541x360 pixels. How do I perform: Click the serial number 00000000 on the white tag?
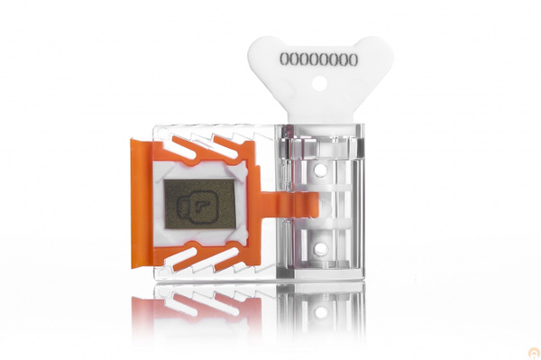click(x=319, y=60)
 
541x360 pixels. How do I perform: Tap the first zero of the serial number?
click(x=285, y=60)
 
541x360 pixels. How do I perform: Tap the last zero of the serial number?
click(x=353, y=60)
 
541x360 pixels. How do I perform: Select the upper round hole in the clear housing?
click(x=321, y=170)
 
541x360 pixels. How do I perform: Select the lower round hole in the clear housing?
click(x=321, y=248)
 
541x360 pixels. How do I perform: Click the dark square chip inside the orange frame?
click(x=200, y=204)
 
